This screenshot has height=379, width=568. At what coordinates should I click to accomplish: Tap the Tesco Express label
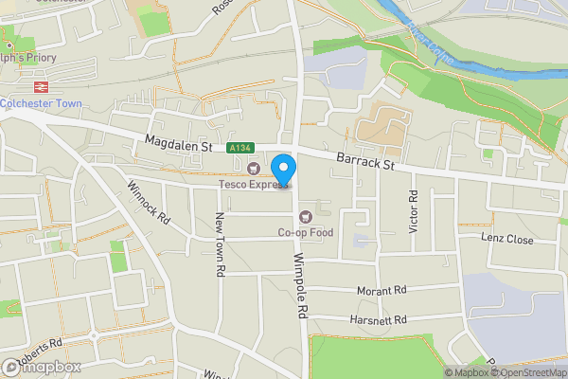(x=254, y=185)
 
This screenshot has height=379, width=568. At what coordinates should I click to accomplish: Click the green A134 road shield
(x=239, y=149)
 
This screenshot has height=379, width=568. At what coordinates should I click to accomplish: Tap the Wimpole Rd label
(x=301, y=284)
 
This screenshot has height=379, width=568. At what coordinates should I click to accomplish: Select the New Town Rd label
(x=219, y=244)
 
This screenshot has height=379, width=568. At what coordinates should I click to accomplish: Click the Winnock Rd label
(x=149, y=202)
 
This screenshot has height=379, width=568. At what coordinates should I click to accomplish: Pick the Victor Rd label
(x=413, y=210)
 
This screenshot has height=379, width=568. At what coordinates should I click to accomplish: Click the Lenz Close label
(x=506, y=240)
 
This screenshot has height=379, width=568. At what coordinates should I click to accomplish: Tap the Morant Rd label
(x=381, y=290)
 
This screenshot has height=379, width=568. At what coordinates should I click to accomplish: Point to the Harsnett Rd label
(x=377, y=320)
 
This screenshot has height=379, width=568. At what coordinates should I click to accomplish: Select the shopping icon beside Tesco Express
(x=253, y=170)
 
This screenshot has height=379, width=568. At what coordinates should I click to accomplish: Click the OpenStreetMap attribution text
(x=527, y=372)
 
